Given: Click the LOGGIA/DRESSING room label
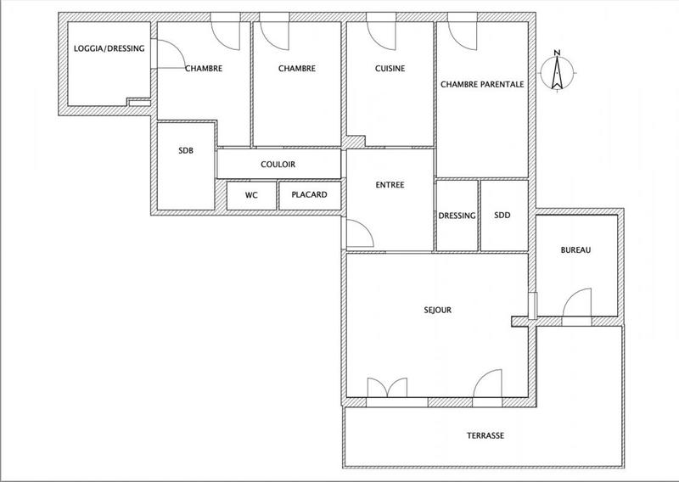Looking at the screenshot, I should point(109,49).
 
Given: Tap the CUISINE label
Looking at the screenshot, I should point(390,70).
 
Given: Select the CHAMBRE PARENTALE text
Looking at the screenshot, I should point(481,85).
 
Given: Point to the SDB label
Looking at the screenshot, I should point(186,151).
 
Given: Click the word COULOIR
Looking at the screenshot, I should point(278,165).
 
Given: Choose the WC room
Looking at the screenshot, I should point(251,195).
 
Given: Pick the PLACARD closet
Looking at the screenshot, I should point(309,195).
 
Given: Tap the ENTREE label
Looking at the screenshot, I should point(390,185).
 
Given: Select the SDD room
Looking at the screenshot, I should point(502,216).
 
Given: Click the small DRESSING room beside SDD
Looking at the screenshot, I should point(457,216).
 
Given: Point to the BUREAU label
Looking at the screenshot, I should point(575,250).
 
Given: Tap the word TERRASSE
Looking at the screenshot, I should point(485,435).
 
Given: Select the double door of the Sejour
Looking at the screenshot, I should point(386,386).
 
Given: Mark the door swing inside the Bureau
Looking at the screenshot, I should point(578,301).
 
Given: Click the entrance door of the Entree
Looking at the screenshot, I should point(358,231).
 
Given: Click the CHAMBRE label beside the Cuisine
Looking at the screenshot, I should point(297,70).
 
